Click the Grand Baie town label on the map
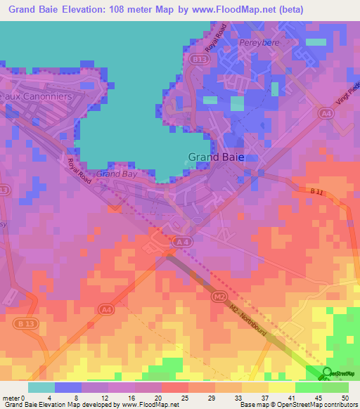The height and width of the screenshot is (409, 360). point(216,157)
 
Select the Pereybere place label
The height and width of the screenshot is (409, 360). point(259,43)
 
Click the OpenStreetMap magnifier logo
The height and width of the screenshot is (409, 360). point(327,374)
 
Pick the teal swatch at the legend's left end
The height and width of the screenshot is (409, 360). point(41,387)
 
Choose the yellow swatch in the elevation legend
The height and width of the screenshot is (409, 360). point(282,387)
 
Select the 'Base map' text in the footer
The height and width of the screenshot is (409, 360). point(253,405)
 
